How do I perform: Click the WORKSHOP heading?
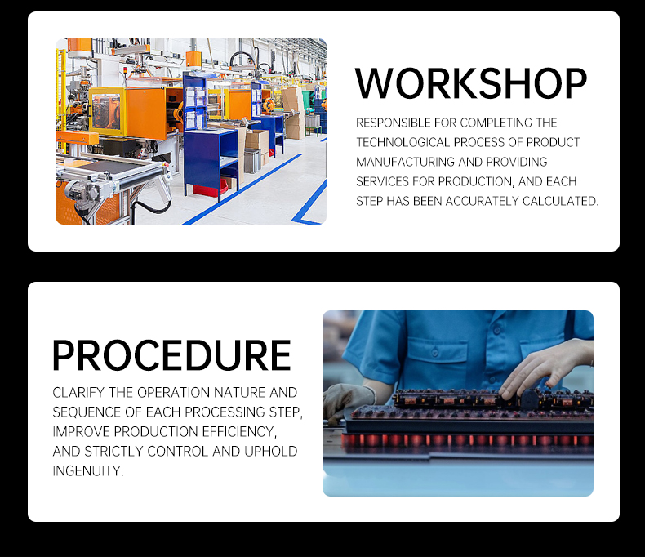coord(471,84)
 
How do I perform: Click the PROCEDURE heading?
coord(171,355)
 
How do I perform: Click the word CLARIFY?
coord(78,393)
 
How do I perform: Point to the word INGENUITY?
coord(88,471)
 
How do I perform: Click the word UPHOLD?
coord(271,452)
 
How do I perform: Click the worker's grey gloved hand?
coord(343,400)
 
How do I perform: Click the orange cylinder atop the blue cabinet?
coord(193,59)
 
